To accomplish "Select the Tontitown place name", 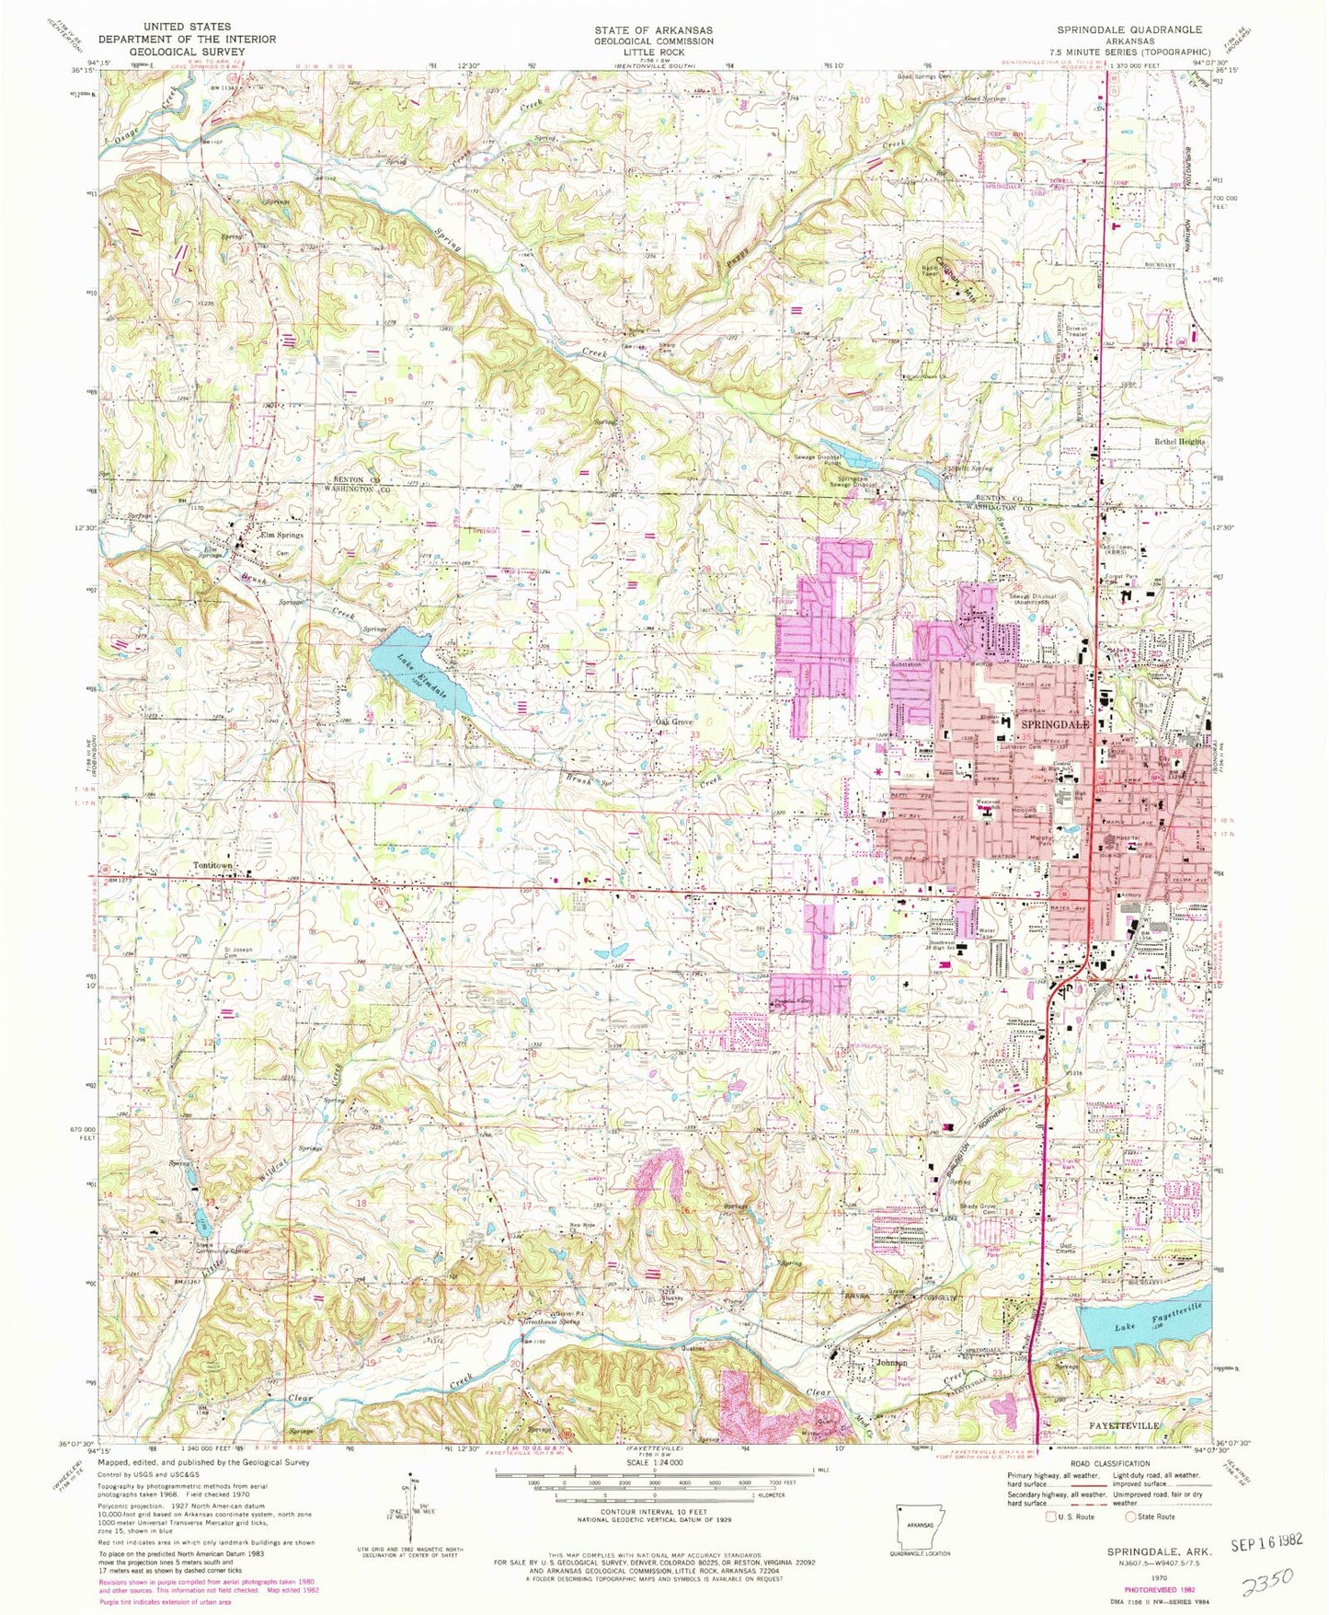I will coord(214,865).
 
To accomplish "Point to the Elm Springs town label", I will coord(281,535).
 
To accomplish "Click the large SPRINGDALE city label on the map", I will coord(1056,725).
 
